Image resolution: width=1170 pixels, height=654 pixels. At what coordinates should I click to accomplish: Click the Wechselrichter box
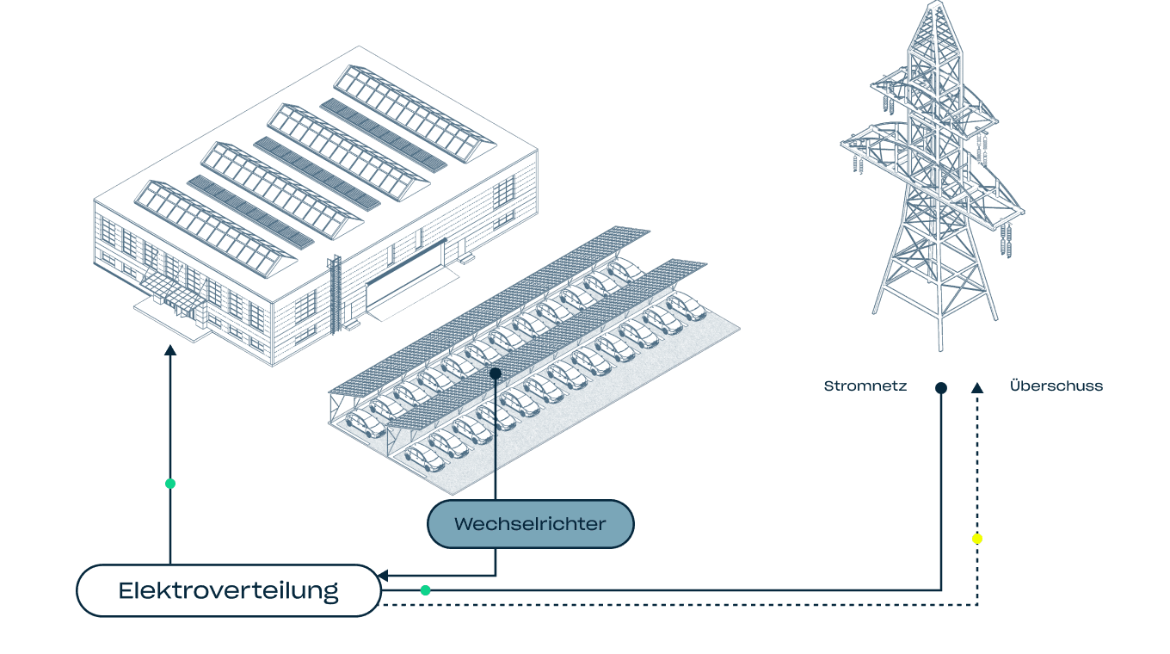tap(530, 523)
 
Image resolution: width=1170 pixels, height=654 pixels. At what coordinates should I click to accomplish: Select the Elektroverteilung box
tap(228, 590)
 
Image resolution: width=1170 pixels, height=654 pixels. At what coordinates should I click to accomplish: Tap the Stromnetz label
tap(865, 386)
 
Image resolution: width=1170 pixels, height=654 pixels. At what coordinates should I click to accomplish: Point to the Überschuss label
tap(1056, 386)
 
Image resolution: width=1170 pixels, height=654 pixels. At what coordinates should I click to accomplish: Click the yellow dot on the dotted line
tap(977, 539)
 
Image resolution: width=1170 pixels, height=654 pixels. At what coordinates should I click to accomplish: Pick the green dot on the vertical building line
tap(170, 484)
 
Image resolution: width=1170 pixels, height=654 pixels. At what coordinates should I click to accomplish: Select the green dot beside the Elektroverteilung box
tap(425, 590)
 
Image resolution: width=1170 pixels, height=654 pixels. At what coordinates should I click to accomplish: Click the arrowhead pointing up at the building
tap(170, 349)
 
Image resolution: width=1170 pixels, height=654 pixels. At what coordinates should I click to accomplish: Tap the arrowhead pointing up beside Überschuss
tap(977, 387)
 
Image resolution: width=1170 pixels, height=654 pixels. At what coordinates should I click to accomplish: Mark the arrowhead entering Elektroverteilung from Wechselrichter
tap(385, 576)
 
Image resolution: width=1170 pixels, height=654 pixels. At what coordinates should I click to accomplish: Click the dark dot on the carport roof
tap(495, 373)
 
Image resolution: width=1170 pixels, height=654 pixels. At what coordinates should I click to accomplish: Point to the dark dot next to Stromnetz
tap(941, 388)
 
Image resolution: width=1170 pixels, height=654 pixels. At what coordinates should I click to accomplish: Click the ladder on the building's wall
tap(336, 288)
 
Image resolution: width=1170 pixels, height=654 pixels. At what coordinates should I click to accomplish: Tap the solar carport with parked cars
tap(533, 361)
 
